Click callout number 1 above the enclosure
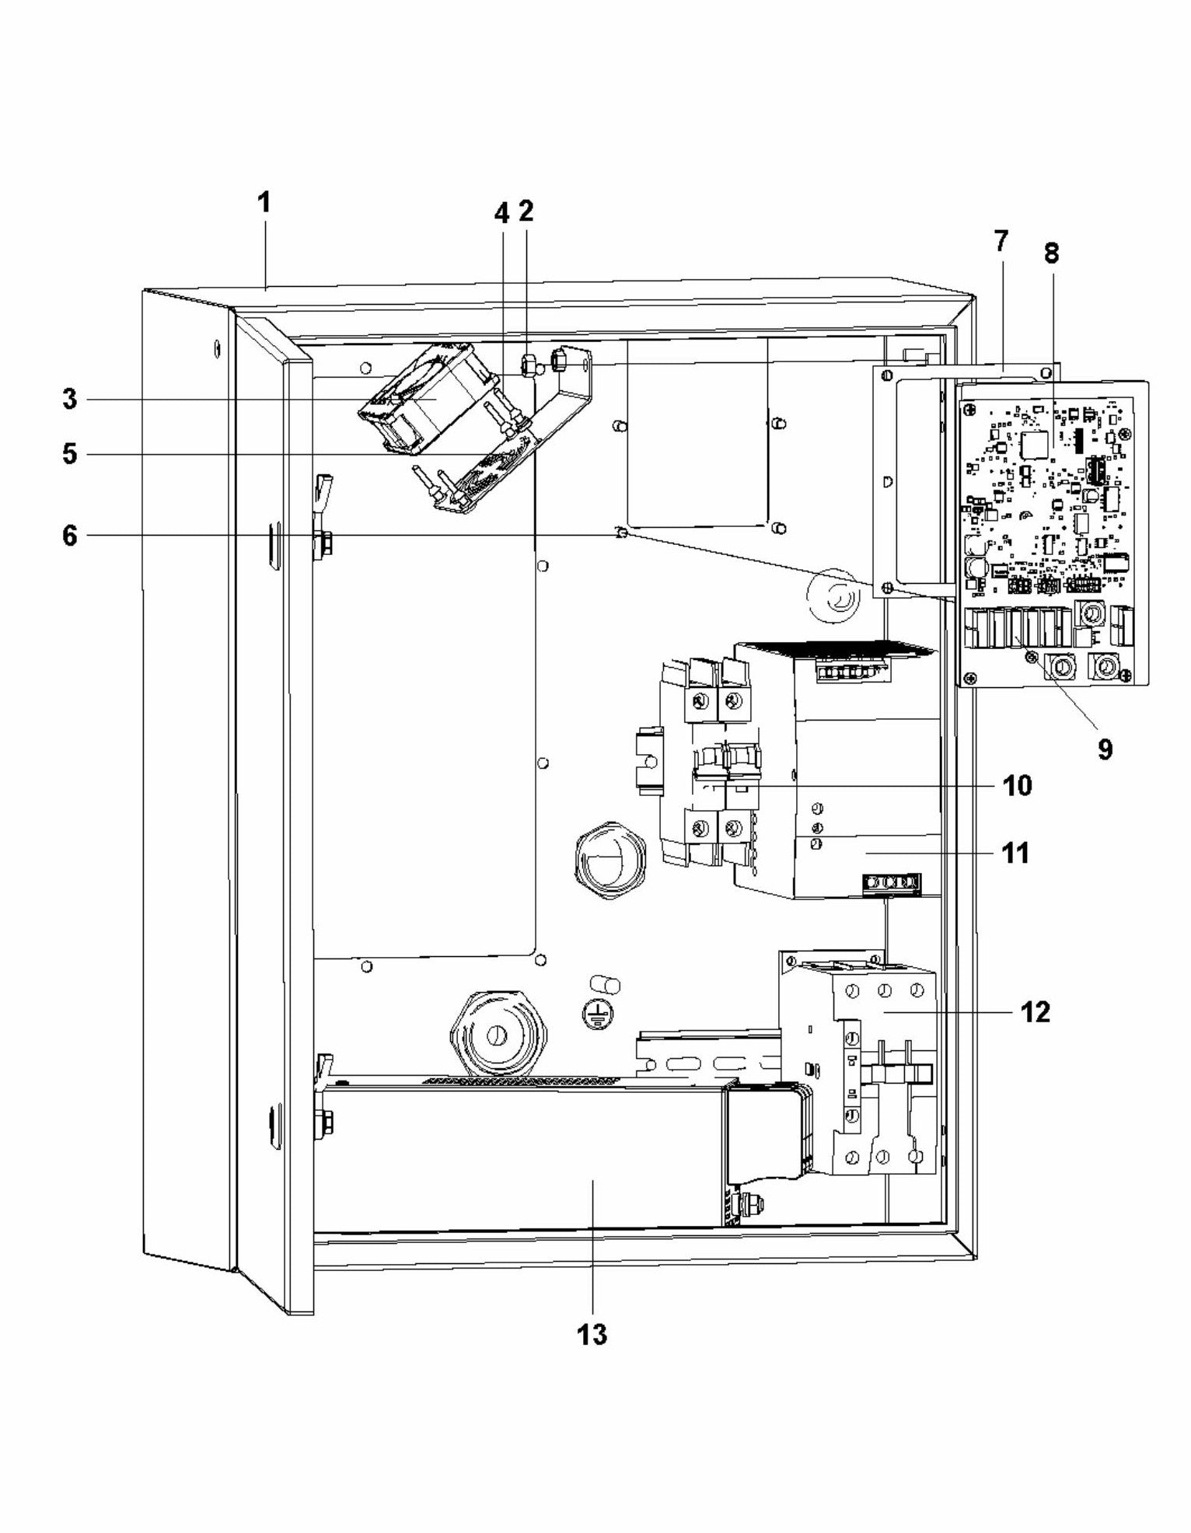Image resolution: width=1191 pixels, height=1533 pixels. pos(264,203)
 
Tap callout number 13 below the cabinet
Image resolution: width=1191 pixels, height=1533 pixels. pos(592,1335)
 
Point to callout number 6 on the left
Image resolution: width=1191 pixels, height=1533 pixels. pos(70,536)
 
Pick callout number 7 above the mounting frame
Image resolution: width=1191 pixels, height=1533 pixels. pos(1001,241)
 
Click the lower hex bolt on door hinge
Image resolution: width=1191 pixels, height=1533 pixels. pos(326,1120)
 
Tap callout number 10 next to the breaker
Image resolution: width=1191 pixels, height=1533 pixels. pos(1017,785)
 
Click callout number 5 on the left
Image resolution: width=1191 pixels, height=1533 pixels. pos(70,453)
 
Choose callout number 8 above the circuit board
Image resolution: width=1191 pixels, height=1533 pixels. pos(1050,253)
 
